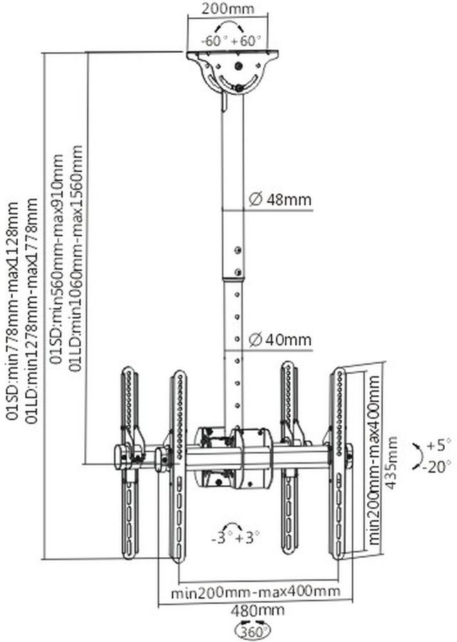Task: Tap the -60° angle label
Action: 212,41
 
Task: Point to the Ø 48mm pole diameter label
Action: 281,200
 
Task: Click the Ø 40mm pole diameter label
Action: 281,340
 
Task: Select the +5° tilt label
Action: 438,446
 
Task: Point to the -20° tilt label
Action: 436,467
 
